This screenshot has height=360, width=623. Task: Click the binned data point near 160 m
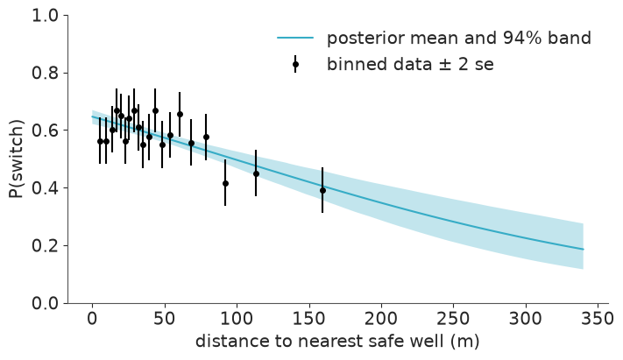(x=322, y=190)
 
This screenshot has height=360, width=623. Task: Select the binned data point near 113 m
(x=256, y=173)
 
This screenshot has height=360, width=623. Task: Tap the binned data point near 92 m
(x=225, y=183)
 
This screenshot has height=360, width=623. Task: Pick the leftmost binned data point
(x=100, y=141)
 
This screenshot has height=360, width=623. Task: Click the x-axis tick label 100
(x=237, y=319)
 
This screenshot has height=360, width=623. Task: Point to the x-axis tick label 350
(x=598, y=319)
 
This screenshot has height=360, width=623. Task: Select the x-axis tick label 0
(x=92, y=319)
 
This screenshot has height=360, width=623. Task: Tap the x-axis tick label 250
(x=453, y=319)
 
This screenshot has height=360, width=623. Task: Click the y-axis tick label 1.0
(x=45, y=16)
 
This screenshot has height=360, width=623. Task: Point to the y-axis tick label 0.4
(x=45, y=188)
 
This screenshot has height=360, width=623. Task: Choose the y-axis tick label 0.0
(x=45, y=303)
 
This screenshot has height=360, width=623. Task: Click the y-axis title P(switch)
(x=17, y=159)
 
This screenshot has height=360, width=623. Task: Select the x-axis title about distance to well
(x=337, y=341)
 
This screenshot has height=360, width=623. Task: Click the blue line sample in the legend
(x=295, y=38)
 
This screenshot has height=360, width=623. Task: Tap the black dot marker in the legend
(x=295, y=64)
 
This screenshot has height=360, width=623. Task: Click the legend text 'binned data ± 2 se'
(x=410, y=64)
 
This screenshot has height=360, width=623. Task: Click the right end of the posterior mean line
(x=584, y=250)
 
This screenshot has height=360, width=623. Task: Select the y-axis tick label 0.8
(x=45, y=74)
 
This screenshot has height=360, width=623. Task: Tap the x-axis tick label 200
(x=381, y=319)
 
